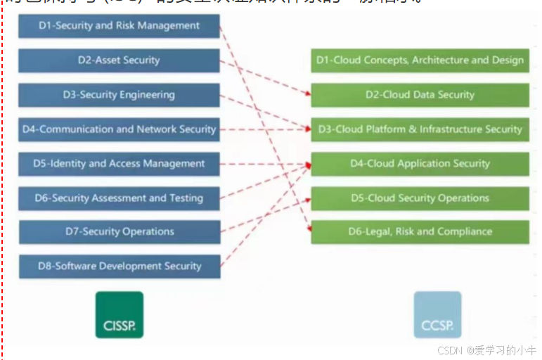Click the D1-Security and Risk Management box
119,26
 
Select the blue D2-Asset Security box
119,60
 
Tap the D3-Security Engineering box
119,95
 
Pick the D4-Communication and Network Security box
119,129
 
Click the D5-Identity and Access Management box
119,164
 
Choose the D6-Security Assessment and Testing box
119,198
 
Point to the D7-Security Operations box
119,232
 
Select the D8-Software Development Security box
119,266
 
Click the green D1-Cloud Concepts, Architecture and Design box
420,60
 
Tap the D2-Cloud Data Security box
420,95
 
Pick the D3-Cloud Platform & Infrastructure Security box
420,129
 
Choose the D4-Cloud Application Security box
420,164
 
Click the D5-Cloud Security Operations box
420,198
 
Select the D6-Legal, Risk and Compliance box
420,232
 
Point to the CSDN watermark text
486,349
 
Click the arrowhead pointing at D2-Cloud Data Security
307,94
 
